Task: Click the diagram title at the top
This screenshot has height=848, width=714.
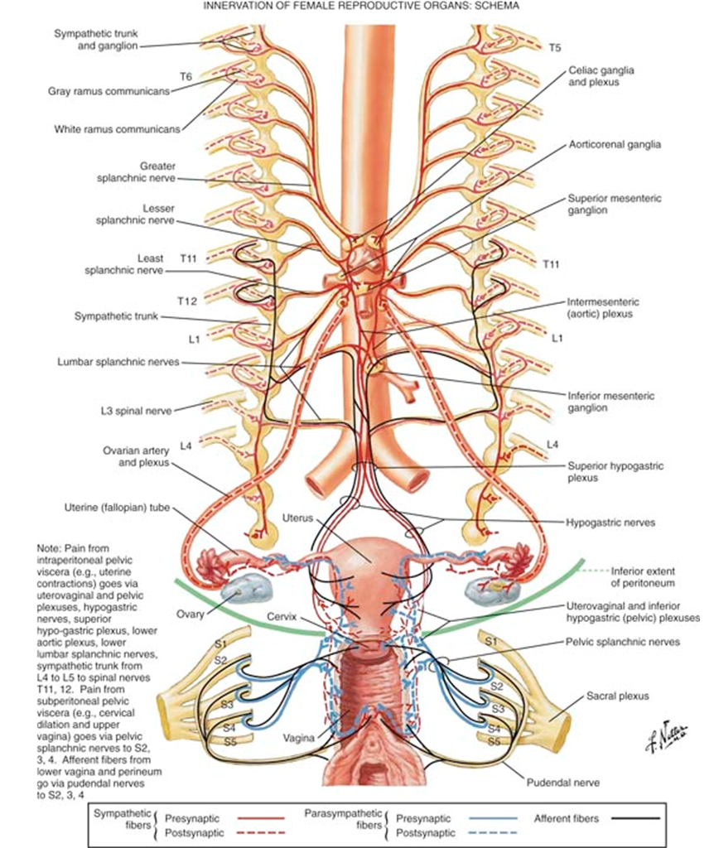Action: [x=356, y=6]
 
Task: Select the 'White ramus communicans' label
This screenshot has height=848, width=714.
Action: [x=117, y=129]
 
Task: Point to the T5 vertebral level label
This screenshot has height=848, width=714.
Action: [x=555, y=48]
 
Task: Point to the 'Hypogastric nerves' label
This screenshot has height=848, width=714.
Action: [x=610, y=523]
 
